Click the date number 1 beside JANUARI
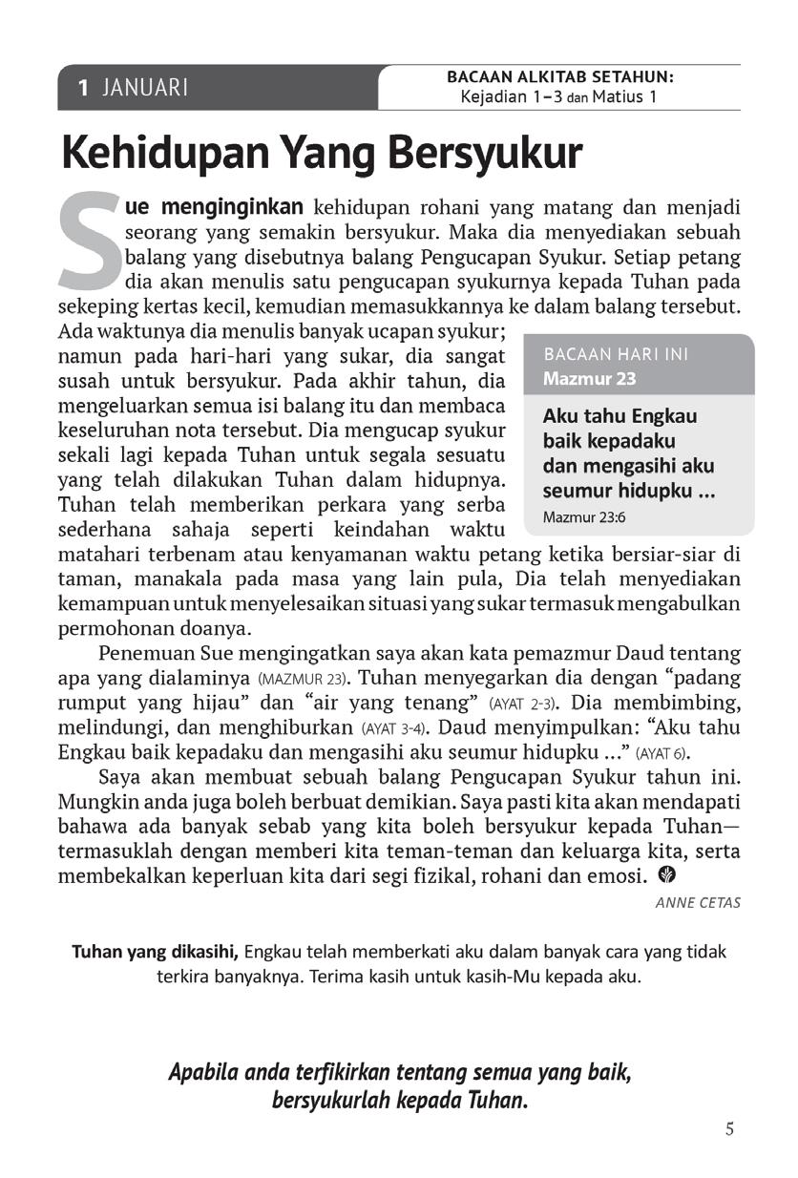pyautogui.click(x=84, y=88)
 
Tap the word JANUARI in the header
pyautogui.click(x=145, y=88)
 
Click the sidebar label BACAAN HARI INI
pyautogui.click(x=616, y=354)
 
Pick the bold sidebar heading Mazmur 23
pyautogui.click(x=589, y=378)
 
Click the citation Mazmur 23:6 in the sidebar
pyautogui.click(x=583, y=518)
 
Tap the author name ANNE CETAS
pyautogui.click(x=698, y=902)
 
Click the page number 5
pyautogui.click(x=729, y=1129)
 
